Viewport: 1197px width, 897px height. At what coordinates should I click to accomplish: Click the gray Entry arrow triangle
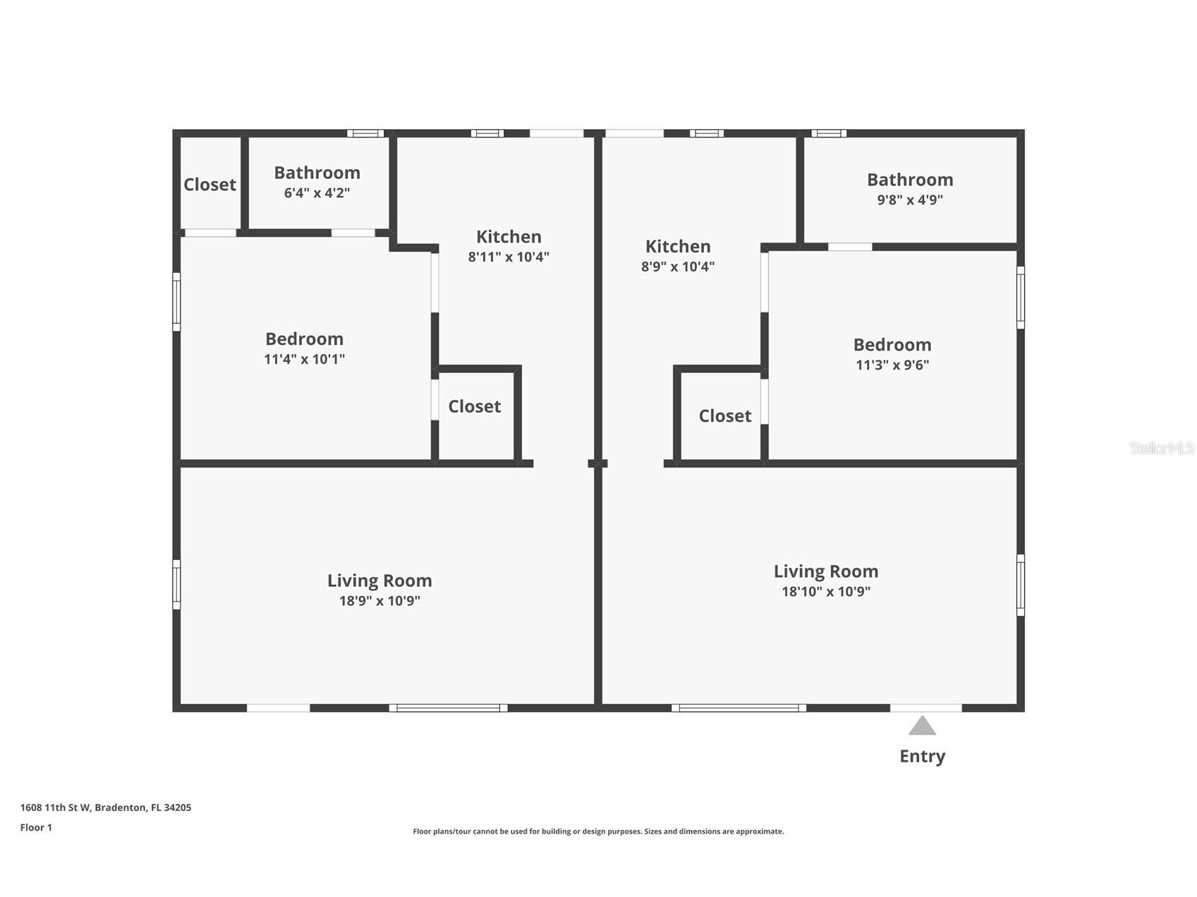tap(922, 727)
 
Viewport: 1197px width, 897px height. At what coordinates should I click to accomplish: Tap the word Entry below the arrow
tap(922, 756)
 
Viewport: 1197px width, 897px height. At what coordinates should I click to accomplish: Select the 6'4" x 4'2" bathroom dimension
tap(317, 193)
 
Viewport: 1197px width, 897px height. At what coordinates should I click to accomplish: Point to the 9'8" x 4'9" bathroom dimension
tap(910, 200)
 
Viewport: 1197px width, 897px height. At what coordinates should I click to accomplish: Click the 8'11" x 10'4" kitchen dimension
tap(509, 257)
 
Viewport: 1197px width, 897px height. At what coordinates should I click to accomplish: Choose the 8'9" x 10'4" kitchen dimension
tap(678, 267)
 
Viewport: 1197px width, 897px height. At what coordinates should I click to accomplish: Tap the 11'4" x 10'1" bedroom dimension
tap(304, 359)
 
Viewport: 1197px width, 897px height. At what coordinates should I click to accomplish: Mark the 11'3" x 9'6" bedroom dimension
tap(892, 365)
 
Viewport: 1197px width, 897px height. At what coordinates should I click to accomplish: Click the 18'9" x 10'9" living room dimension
tap(379, 601)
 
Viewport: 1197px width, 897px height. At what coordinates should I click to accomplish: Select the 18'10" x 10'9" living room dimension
tap(826, 592)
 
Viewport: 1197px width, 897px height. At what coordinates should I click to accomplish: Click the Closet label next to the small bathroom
tap(209, 185)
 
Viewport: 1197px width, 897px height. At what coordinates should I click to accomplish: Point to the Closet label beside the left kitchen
tap(475, 407)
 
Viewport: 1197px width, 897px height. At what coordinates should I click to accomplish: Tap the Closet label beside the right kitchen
tap(725, 416)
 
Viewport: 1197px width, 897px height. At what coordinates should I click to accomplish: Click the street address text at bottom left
tap(106, 807)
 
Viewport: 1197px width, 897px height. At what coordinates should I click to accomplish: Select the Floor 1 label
tap(36, 827)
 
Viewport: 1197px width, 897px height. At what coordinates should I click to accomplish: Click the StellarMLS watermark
tap(1161, 448)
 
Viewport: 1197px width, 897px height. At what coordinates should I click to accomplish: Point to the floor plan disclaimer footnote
tap(598, 831)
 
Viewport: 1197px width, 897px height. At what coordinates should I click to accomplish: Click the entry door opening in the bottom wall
tap(925, 707)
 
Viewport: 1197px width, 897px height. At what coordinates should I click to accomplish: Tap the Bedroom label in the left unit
tap(304, 339)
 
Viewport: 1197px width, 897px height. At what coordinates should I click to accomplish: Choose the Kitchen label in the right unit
tap(678, 247)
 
